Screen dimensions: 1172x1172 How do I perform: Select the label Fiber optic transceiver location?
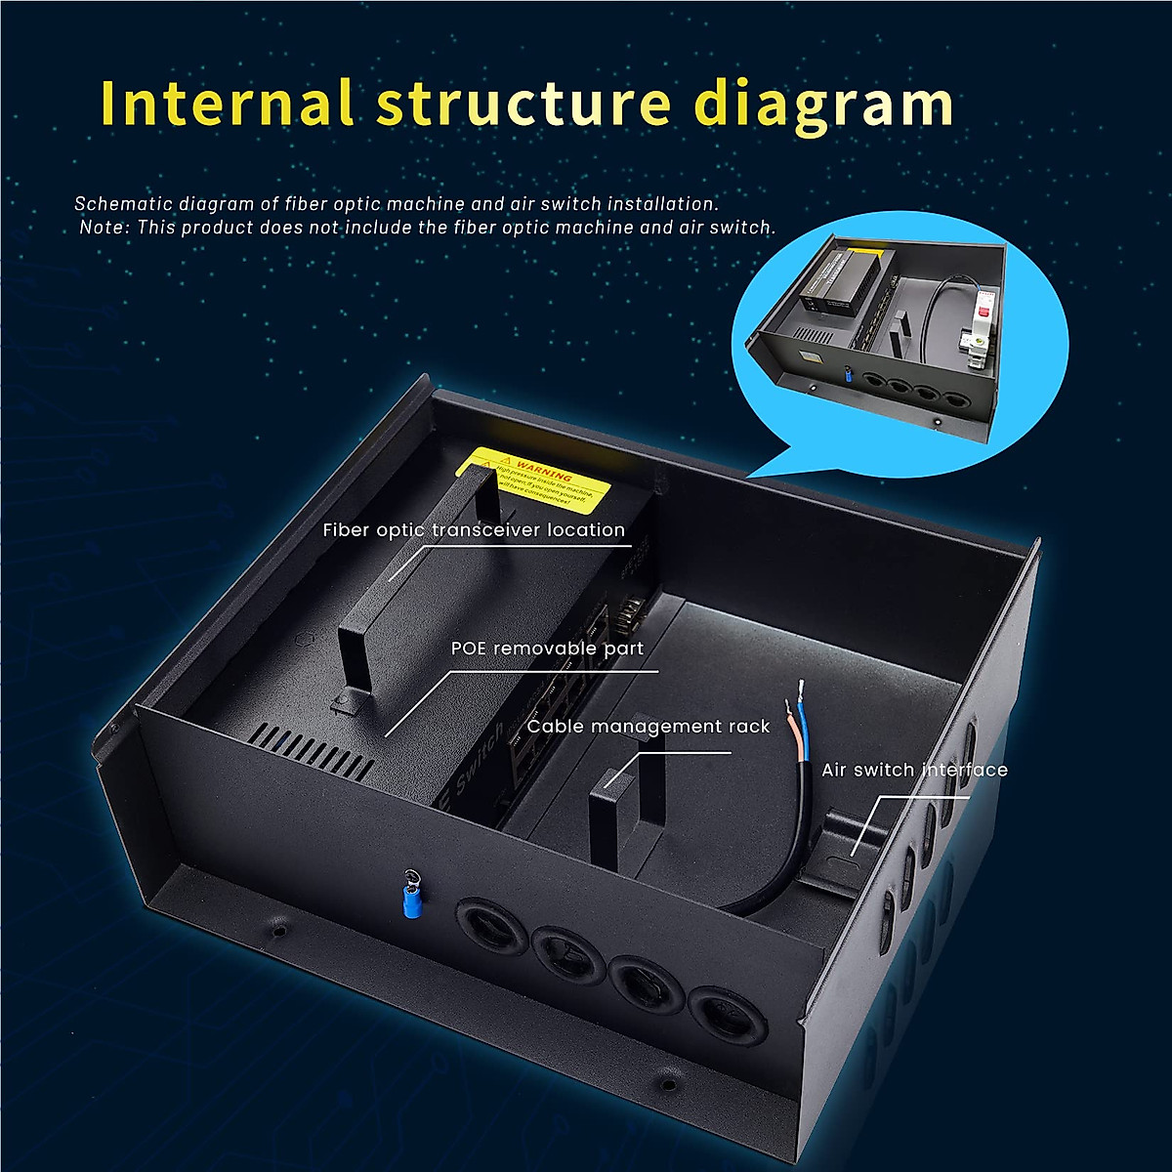pos(474,530)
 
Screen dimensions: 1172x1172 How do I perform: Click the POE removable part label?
pos(547,649)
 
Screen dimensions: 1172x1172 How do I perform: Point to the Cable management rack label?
pos(649,727)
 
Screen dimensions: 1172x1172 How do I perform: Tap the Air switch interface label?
pos(914,770)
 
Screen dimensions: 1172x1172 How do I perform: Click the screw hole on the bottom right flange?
pos(668,1083)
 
